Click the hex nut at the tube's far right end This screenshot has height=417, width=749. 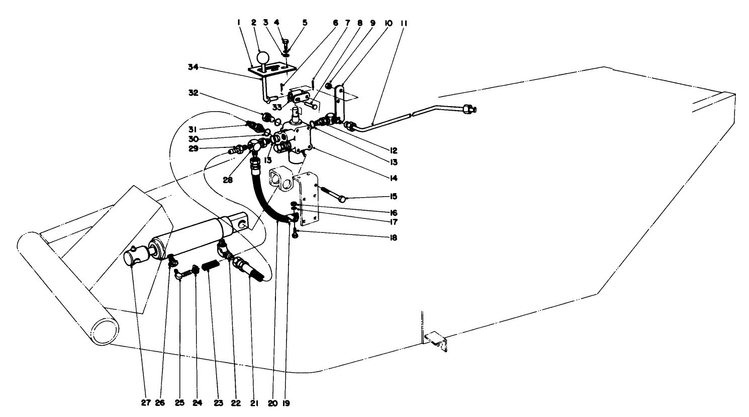pyautogui.click(x=470, y=108)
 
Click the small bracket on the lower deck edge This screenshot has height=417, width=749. pyautogui.click(x=435, y=340)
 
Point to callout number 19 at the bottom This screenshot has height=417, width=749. pyautogui.click(x=287, y=402)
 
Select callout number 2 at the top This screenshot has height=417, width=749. pyautogui.click(x=254, y=23)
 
